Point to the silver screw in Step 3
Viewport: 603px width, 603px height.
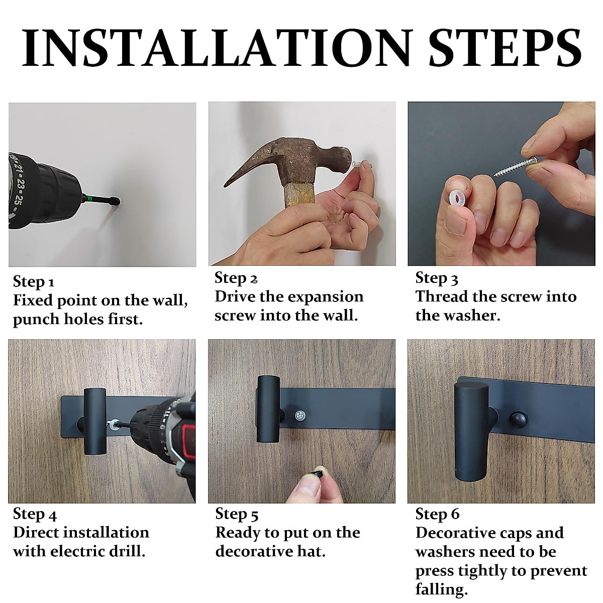pos(516,167)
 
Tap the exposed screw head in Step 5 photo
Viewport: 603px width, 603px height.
pos(300,416)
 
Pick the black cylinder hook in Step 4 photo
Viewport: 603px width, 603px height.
pos(95,421)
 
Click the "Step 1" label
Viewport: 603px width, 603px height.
pos(34,281)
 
